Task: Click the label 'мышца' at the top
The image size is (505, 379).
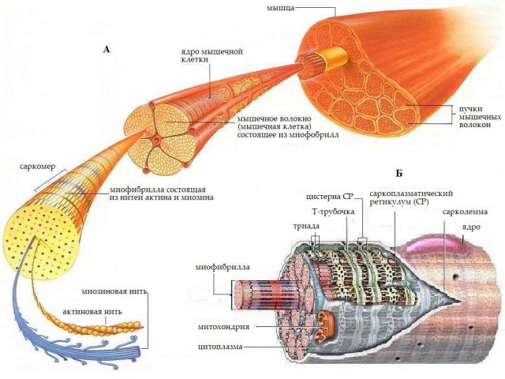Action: pyautogui.click(x=281, y=8)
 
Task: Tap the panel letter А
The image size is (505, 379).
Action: pyautogui.click(x=107, y=49)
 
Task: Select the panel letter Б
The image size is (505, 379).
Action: pyautogui.click(x=398, y=174)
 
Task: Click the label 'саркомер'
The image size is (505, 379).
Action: pyautogui.click(x=37, y=167)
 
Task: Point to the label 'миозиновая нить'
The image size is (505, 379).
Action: pyautogui.click(x=114, y=291)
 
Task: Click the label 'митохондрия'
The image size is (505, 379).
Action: pyautogui.click(x=223, y=327)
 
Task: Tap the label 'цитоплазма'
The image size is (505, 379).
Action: pyautogui.click(x=220, y=347)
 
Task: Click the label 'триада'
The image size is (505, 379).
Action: pyautogui.click(x=306, y=226)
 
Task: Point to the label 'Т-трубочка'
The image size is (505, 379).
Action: pyautogui.click(x=333, y=212)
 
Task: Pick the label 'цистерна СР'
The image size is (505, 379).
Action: pyautogui.click(x=330, y=197)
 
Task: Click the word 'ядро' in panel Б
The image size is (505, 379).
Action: pyautogui.click(x=472, y=227)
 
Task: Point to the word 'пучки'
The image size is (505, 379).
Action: pyautogui.click(x=471, y=109)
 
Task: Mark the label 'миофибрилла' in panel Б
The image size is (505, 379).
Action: pyautogui.click(x=223, y=267)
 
